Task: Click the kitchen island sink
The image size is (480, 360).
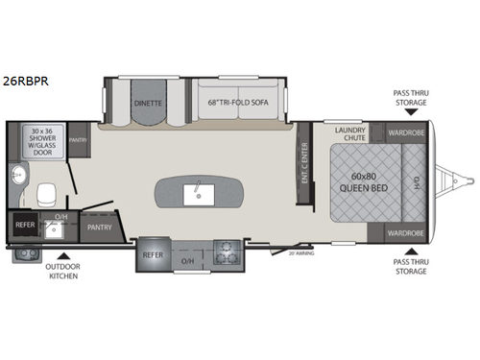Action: coord(202,195)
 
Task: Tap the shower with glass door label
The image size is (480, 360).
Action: coord(43,142)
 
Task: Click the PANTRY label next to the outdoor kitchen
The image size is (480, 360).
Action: coord(100,228)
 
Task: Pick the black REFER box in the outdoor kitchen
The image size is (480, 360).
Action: coord(25,226)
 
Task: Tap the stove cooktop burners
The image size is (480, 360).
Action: coord(227,255)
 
